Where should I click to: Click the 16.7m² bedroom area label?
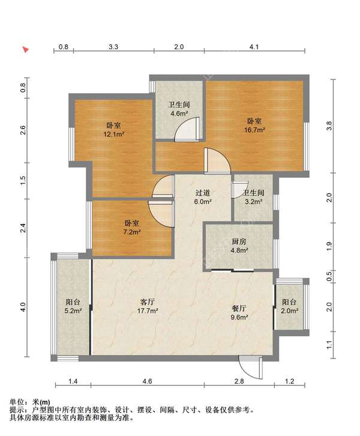click(x=254, y=130)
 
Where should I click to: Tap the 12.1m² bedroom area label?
click(x=113, y=135)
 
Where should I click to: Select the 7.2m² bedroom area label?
click(x=132, y=232)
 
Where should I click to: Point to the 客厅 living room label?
click(x=148, y=301)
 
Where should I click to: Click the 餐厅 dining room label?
click(x=239, y=308)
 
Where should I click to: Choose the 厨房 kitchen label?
click(x=239, y=241)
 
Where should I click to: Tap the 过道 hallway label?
click(x=203, y=193)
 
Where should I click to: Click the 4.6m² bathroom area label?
click(x=179, y=113)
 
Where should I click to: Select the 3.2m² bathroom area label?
click(x=253, y=202)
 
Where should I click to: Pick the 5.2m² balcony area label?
click(x=73, y=310)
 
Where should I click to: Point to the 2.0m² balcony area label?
click(x=289, y=310)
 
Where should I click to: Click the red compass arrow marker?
click(x=26, y=50)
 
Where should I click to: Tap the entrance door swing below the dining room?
click(x=251, y=368)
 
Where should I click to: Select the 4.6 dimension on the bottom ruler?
click(x=147, y=381)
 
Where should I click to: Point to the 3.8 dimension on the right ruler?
click(x=329, y=126)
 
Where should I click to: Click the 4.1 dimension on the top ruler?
click(x=254, y=47)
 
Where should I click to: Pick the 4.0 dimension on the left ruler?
click(x=23, y=307)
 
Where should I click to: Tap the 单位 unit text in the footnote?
click(x=17, y=402)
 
